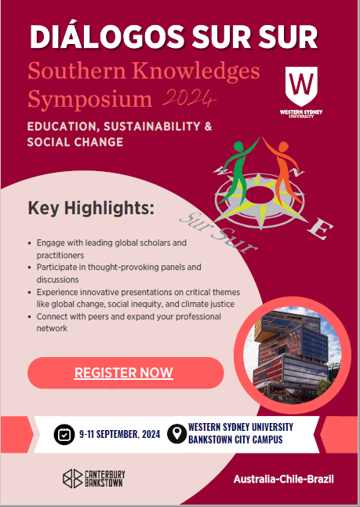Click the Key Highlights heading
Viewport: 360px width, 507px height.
[x=91, y=209]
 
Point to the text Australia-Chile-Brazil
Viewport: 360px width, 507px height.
[x=283, y=479]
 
